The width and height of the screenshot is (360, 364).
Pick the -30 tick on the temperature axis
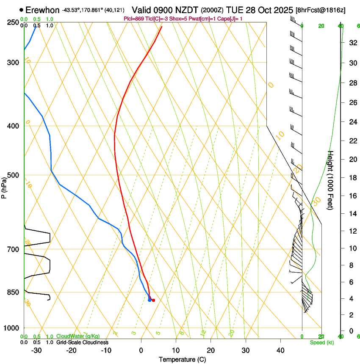click(x=36, y=350)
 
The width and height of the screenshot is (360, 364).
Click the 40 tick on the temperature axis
click(x=280, y=350)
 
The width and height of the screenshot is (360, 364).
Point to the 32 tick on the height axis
click(x=352, y=43)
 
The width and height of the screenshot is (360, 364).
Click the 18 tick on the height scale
click(x=352, y=178)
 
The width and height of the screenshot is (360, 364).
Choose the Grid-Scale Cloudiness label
click(x=82, y=342)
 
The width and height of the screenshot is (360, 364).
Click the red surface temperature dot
click(x=153, y=301)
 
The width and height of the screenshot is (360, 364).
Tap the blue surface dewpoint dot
click(x=150, y=300)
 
